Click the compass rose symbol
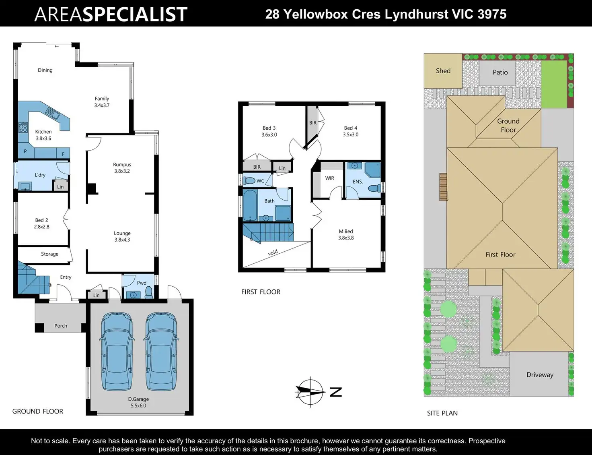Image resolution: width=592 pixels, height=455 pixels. click(x=310, y=392)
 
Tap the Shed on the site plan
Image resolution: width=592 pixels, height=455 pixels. click(x=443, y=70)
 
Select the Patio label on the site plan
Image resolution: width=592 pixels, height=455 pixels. click(x=500, y=72)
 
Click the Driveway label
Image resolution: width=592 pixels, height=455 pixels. click(x=540, y=375)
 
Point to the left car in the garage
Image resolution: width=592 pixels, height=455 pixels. click(x=117, y=352)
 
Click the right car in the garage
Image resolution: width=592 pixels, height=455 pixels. click(x=161, y=352)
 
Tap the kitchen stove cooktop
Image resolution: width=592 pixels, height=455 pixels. click(x=23, y=127)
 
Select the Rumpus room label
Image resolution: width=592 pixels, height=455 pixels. click(x=122, y=165)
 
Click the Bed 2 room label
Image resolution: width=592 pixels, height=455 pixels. click(x=41, y=220)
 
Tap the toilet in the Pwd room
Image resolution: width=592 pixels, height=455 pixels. click(x=149, y=292)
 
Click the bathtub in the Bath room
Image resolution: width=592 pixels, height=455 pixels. click(x=250, y=205)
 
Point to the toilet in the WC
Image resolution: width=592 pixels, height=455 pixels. click(x=249, y=180)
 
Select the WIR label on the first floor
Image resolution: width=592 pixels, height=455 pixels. click(x=330, y=178)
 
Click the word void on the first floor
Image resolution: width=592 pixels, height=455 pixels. click(x=273, y=252)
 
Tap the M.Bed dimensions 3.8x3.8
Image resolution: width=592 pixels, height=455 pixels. click(x=346, y=238)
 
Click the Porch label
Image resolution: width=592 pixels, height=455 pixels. click(x=60, y=326)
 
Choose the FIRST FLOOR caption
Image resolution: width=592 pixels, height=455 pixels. click(x=261, y=292)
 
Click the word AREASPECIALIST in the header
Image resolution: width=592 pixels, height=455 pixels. click(x=111, y=14)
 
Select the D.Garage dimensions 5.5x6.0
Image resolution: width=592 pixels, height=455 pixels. click(x=138, y=405)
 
